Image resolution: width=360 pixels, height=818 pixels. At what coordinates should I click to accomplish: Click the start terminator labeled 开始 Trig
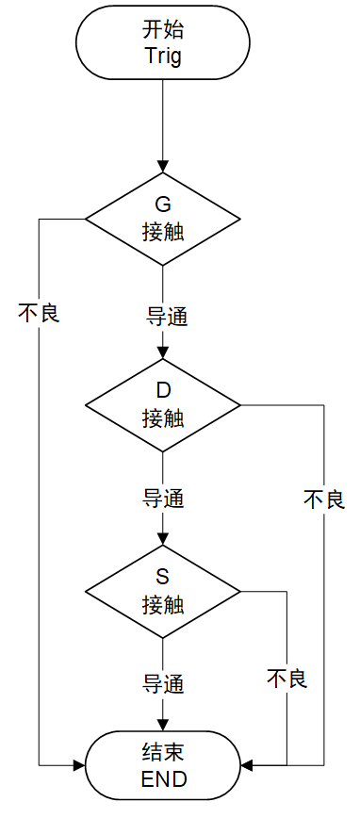[163, 42]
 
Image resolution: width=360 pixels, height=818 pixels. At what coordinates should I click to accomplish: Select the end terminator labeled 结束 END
[163, 765]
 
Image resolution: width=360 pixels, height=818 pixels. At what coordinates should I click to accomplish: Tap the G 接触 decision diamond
[163, 219]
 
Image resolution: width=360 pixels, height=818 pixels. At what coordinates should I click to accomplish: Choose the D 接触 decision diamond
[163, 405]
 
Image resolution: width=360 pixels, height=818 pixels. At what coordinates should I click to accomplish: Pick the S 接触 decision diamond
[163, 591]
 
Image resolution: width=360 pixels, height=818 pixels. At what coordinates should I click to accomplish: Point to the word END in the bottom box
[163, 779]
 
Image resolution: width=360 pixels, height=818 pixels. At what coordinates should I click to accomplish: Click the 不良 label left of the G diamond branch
[39, 313]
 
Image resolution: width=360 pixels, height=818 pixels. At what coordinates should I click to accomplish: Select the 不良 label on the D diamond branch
[324, 499]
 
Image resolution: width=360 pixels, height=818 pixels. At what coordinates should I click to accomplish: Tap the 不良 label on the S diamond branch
[286, 679]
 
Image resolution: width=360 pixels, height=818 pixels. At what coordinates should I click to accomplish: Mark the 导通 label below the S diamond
[163, 682]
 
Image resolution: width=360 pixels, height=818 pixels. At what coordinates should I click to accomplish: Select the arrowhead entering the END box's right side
[247, 765]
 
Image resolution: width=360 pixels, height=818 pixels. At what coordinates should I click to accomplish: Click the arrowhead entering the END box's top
[163, 726]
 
